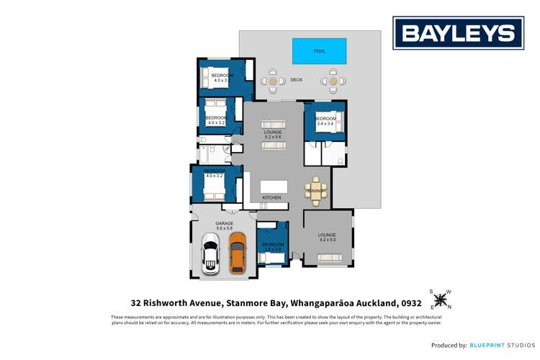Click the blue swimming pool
[319, 51]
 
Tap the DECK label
[296, 81]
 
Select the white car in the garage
[210, 253]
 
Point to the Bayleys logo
[458, 33]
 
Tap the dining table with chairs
[316, 191]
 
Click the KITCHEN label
[271, 197]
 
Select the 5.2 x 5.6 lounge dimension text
[272, 138]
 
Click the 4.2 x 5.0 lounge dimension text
[327, 240]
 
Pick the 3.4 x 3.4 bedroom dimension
[325, 124]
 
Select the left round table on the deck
[273, 81]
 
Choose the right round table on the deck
[333, 81]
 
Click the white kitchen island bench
[274, 186]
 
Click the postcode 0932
[410, 303]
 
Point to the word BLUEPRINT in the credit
[490, 346]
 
